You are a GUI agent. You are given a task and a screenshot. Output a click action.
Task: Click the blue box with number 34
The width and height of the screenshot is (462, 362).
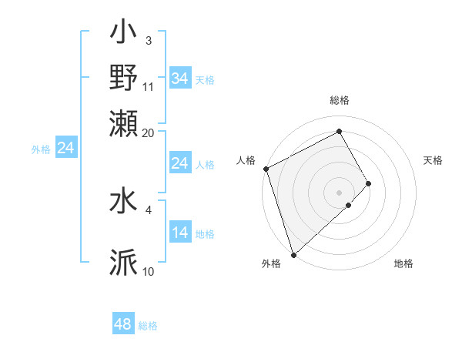coord(180,79)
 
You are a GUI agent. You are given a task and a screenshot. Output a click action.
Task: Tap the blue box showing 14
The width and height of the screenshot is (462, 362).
coord(180,233)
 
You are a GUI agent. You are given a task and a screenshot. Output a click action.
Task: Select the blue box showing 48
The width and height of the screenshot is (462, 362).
coord(123,324)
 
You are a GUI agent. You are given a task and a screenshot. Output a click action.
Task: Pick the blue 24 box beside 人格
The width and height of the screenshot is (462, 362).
coord(180,163)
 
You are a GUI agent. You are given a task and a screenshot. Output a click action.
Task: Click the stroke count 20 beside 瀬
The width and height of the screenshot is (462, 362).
coord(149,132)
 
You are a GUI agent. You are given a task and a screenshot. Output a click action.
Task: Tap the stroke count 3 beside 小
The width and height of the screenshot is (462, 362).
coord(148,41)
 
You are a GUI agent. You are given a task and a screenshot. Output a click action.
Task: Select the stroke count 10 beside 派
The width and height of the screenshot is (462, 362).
coord(149,271)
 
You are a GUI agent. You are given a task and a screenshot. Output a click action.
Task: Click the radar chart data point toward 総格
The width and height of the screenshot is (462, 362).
coord(340,130)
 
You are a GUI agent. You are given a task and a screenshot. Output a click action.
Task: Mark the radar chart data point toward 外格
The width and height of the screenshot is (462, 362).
coord(293,254)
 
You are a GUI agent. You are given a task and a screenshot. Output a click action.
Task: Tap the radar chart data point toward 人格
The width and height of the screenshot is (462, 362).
coord(266,169)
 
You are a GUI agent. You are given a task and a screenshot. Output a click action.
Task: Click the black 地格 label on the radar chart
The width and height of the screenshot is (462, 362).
coord(403,264)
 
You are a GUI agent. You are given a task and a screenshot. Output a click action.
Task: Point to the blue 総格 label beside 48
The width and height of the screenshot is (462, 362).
coord(148,326)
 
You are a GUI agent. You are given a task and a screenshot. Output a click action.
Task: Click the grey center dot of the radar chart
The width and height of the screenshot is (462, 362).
coord(340,192)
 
